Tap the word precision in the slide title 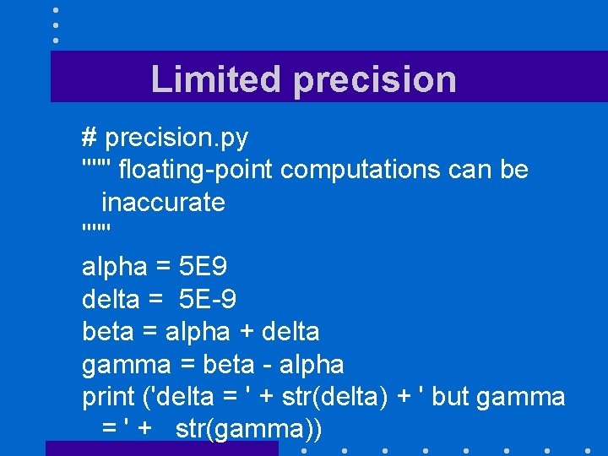coord(375,80)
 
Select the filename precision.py coord(176,137)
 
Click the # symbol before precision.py coord(90,137)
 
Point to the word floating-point coord(196,170)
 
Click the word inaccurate coord(163,203)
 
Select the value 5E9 coord(203,267)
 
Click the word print coord(109,397)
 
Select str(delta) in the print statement coord(337,397)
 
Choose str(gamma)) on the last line coord(249,430)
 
